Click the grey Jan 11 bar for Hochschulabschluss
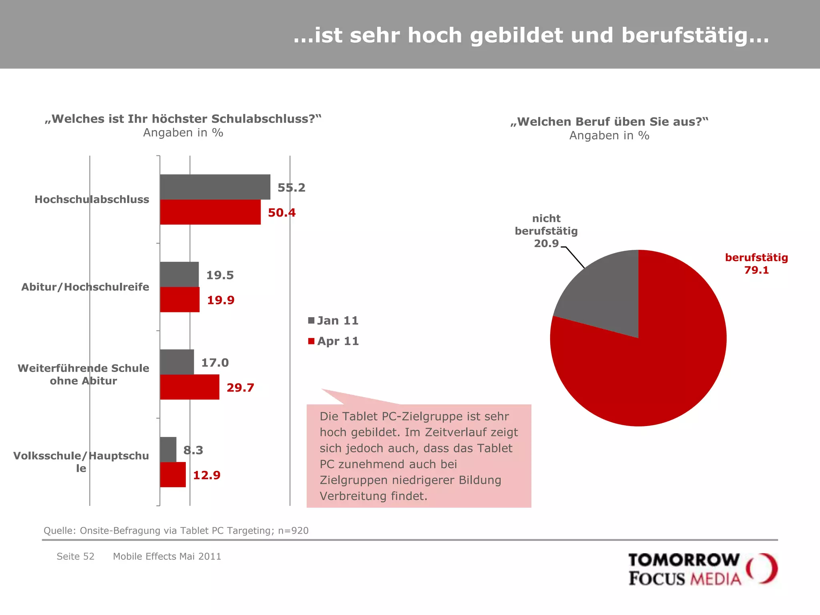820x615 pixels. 215,187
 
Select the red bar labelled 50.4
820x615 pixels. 210,212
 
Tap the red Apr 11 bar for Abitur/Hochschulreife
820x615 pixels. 180,299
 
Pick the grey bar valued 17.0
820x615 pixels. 177,362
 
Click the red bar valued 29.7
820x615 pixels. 189,387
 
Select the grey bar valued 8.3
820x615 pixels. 168,449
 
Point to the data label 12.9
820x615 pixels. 207,475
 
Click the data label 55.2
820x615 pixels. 291,187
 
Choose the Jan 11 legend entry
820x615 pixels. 333,320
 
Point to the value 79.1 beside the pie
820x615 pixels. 756,270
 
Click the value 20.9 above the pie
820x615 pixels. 546,243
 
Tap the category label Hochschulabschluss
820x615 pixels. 92,199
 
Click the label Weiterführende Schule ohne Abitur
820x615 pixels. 83,374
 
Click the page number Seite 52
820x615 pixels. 75,557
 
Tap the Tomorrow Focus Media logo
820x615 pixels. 702,569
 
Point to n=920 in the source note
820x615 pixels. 293,531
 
